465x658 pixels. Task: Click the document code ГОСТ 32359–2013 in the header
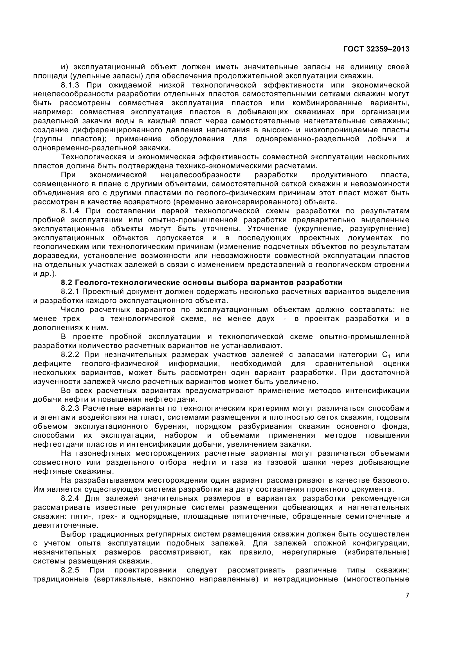coord(376,49)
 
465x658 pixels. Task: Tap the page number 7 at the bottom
coord(407,596)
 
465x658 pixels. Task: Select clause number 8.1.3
coord(70,85)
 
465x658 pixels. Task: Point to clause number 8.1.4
coord(70,211)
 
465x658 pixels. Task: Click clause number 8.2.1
coord(70,291)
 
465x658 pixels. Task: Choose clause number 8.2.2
coord(70,354)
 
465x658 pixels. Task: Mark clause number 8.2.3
coord(70,408)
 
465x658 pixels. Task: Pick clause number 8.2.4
coord(70,498)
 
